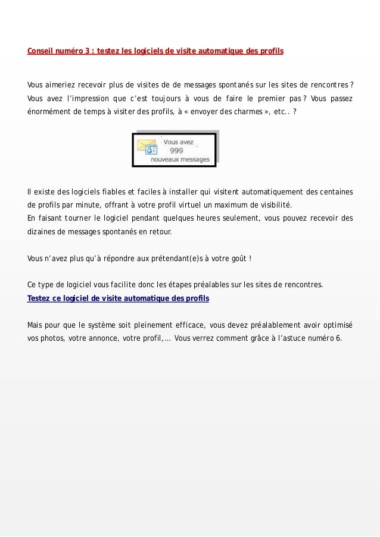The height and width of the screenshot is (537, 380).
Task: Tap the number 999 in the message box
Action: [176, 151]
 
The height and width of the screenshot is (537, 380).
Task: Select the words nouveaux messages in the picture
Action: [180, 159]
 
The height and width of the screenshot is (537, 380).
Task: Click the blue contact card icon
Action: [152, 151]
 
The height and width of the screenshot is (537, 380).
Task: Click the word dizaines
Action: [45, 233]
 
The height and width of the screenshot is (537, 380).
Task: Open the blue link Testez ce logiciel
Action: [118, 297]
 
